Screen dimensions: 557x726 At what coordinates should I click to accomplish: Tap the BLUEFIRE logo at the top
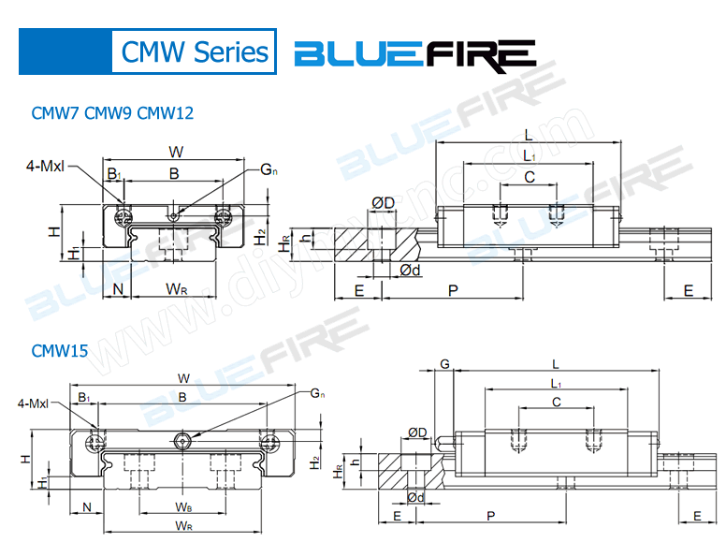click(x=414, y=53)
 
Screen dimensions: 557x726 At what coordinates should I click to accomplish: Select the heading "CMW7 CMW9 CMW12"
click(x=112, y=113)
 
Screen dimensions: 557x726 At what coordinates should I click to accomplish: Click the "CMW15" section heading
click(x=60, y=351)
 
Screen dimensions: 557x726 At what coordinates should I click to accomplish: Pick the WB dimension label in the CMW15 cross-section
click(x=184, y=506)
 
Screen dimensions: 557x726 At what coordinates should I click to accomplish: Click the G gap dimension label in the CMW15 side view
click(x=445, y=363)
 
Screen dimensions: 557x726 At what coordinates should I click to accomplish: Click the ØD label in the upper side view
click(x=383, y=203)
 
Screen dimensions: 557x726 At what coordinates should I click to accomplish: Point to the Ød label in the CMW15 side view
click(x=416, y=497)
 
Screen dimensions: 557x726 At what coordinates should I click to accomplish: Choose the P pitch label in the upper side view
click(x=452, y=291)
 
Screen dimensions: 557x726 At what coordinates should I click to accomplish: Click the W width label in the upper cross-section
click(x=175, y=151)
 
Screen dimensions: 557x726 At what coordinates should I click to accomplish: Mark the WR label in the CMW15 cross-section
click(x=184, y=527)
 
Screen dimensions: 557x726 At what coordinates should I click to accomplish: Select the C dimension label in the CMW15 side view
click(x=557, y=403)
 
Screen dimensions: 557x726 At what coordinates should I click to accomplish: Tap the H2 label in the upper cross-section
click(x=261, y=235)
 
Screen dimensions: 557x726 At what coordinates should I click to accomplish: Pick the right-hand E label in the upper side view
click(x=689, y=291)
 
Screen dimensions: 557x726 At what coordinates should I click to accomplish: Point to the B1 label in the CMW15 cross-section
click(x=84, y=399)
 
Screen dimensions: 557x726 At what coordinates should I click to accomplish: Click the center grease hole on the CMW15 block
click(x=183, y=439)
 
